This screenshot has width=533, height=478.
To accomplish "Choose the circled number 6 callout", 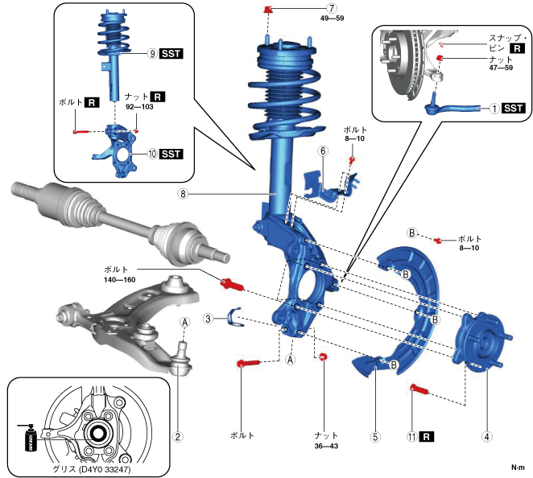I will [x=321, y=150].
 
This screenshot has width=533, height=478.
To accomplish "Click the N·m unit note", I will [x=519, y=468].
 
